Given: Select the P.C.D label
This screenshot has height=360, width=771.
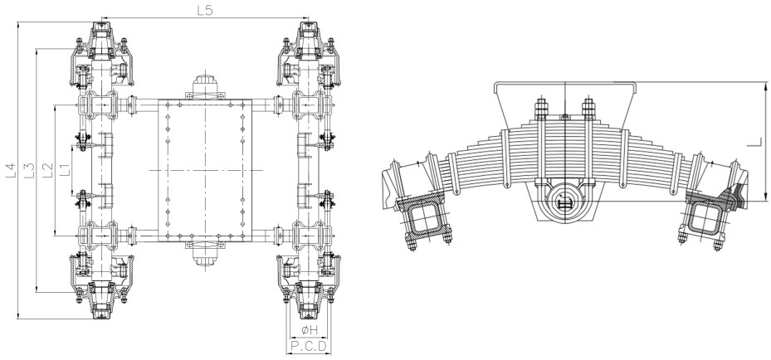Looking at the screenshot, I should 309,345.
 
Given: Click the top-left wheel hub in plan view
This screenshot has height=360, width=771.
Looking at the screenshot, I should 100,37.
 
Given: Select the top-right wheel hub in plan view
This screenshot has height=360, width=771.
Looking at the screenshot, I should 306,37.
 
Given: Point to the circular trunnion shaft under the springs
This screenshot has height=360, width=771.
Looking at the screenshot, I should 564,202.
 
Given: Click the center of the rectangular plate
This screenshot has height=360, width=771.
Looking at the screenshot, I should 203,170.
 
